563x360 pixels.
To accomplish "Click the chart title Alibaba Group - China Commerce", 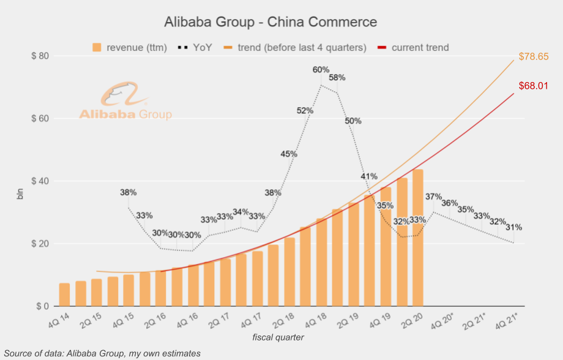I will [270, 22].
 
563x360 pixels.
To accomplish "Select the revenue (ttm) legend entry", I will [129, 48].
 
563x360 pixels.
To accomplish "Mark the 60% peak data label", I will [321, 70].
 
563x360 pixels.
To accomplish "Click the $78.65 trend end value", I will [534, 56].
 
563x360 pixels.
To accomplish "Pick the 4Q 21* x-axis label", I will [507, 320].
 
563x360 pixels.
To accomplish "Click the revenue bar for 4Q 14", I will [64, 294].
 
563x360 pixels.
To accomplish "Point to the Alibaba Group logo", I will [125, 101].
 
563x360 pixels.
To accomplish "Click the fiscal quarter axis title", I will [278, 337].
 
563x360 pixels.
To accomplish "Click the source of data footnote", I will [102, 353].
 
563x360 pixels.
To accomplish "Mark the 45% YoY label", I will [289, 154].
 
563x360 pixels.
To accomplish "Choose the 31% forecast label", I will [514, 227].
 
